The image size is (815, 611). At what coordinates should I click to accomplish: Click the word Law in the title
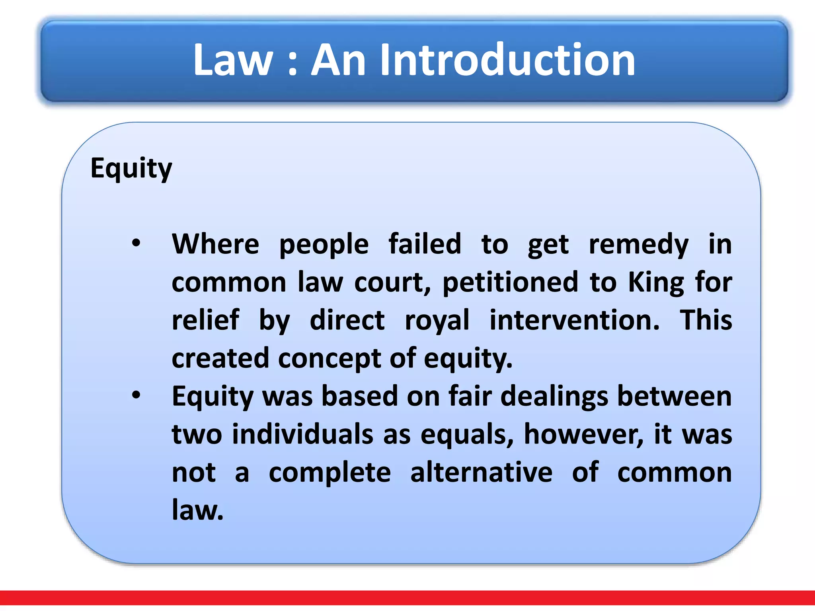point(233,60)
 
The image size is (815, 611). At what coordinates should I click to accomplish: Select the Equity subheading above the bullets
point(131,169)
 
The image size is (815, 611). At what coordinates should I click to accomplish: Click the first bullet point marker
point(136,243)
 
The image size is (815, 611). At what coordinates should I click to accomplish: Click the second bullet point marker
point(136,395)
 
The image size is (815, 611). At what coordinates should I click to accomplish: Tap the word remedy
point(638,245)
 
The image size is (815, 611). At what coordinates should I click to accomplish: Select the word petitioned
point(510,282)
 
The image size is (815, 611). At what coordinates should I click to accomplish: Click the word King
point(656,282)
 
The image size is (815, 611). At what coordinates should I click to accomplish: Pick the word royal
point(437,321)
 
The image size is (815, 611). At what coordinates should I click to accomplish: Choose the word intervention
point(574,320)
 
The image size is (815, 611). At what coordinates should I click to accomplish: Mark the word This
point(706,320)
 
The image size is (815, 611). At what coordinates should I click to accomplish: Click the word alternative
point(481,472)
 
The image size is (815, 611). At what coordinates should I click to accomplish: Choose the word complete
point(330,473)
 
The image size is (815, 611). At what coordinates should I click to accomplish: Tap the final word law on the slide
point(197,510)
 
